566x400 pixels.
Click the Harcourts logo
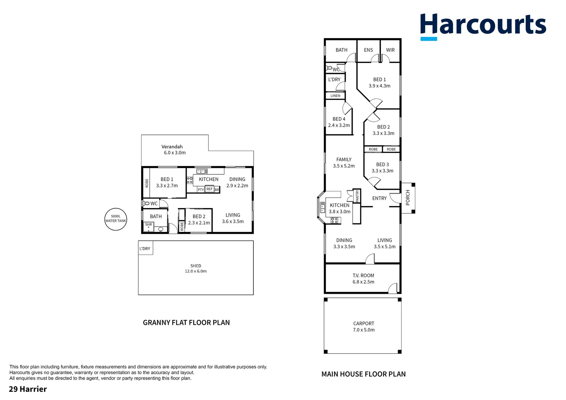click(483, 27)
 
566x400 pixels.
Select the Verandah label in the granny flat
click(172, 147)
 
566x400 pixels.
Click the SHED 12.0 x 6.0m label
click(196, 269)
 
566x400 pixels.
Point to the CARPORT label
click(364, 323)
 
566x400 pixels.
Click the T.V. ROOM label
click(363, 276)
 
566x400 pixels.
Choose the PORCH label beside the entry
click(407, 198)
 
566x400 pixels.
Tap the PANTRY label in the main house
click(357, 196)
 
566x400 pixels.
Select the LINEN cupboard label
click(335, 96)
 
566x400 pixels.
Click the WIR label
click(390, 50)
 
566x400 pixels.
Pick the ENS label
click(369, 50)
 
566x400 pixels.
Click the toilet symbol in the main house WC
click(329, 68)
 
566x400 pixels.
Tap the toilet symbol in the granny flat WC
click(146, 203)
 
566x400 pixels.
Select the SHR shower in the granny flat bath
click(149, 227)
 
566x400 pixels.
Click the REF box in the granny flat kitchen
click(209, 189)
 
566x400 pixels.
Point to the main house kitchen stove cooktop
click(334, 220)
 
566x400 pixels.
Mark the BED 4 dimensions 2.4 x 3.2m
click(339, 125)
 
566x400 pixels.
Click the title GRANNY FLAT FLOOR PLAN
click(186, 323)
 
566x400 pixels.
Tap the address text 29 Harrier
click(28, 389)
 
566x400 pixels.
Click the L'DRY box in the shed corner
click(146, 248)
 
